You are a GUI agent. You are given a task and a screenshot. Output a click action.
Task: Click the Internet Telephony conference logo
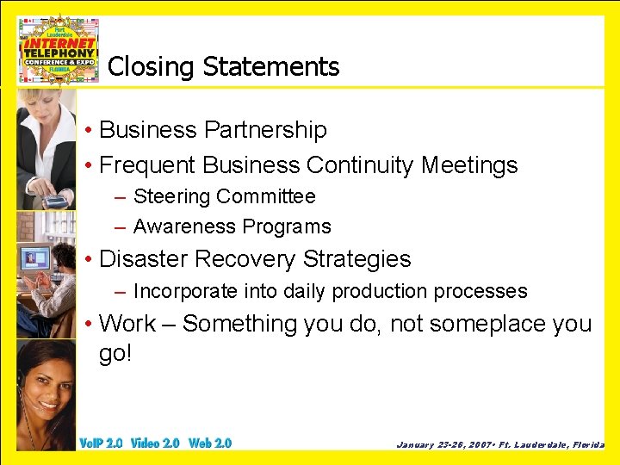(x=59, y=50)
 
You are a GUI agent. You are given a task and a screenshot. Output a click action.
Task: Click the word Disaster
(x=144, y=259)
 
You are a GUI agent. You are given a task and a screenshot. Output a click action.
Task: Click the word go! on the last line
(x=116, y=354)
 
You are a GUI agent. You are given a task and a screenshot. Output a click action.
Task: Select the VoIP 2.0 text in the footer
(x=101, y=443)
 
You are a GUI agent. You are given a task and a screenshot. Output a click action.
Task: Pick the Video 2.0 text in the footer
(x=155, y=443)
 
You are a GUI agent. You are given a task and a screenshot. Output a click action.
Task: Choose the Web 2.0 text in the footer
(x=210, y=443)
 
